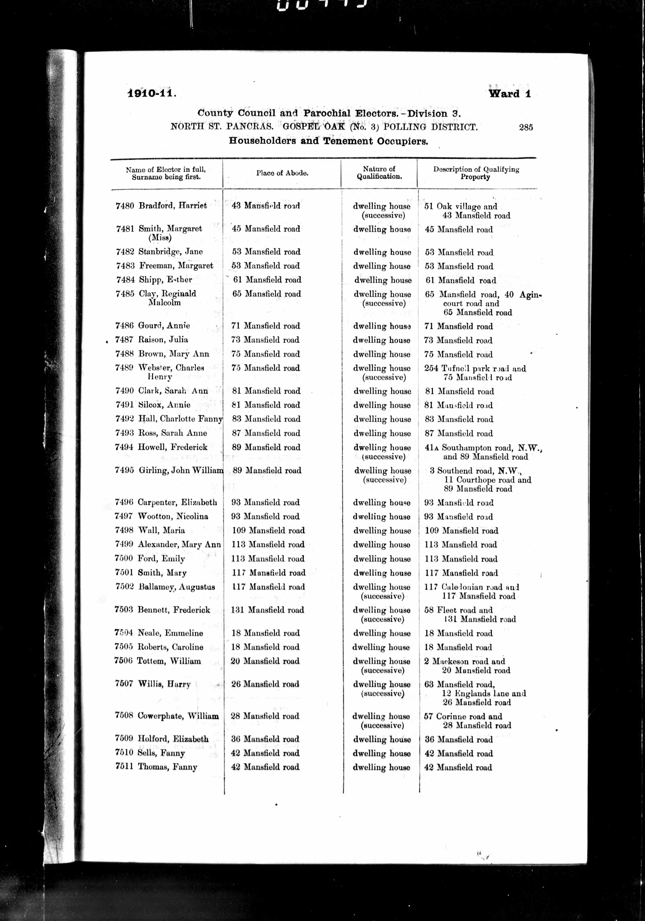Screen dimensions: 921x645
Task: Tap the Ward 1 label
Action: [x=509, y=94]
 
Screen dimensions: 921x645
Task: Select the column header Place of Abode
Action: [x=282, y=173]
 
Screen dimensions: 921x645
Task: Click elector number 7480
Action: [x=124, y=206]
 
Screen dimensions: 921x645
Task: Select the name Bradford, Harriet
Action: [x=172, y=206]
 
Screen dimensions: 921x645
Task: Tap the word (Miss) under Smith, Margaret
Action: [x=160, y=238]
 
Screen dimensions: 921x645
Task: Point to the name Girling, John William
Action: [x=181, y=470]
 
